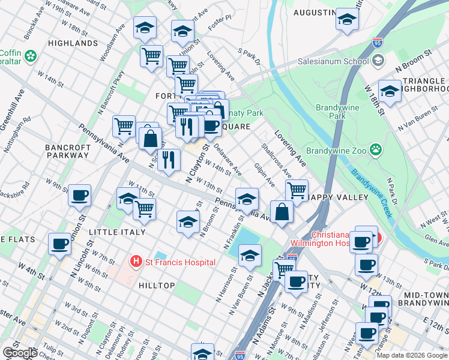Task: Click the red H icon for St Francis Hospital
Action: coord(136,262)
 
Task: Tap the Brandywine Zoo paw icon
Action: coord(376,149)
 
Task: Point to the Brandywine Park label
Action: coord(338,112)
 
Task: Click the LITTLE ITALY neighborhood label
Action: coord(116,232)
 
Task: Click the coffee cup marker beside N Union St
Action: coord(79,195)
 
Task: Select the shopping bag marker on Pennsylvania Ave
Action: coord(282,212)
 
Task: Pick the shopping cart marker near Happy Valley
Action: coord(297,190)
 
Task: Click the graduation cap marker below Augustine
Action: coord(347,19)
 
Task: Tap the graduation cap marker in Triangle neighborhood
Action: coord(390,91)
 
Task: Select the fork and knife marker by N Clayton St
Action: coord(169,160)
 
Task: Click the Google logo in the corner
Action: coord(20,353)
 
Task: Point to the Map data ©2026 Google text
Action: coord(412,355)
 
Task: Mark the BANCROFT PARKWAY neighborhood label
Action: coord(67,151)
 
